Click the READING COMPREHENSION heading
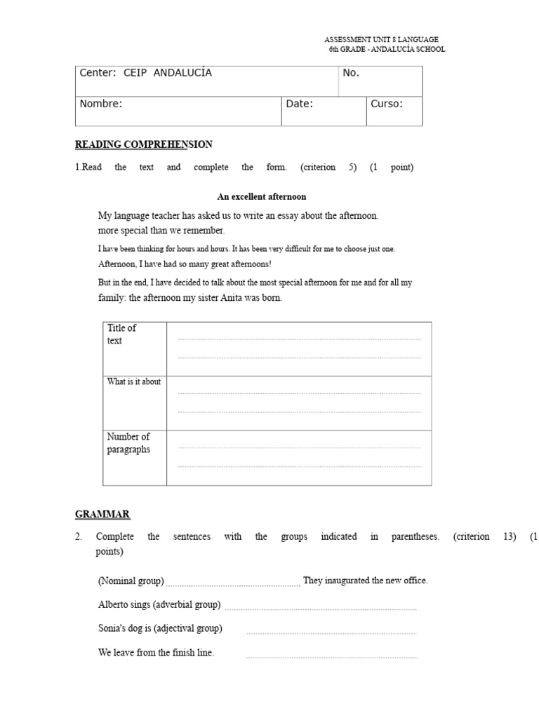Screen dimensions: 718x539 (x=143, y=144)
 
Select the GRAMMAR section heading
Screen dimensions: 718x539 (x=102, y=514)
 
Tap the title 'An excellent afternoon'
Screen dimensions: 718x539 (x=261, y=197)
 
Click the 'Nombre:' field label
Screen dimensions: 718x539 (x=101, y=104)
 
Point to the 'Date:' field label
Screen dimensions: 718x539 (x=299, y=104)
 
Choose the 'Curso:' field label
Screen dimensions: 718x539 (x=386, y=104)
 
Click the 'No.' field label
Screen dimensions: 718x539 (x=351, y=73)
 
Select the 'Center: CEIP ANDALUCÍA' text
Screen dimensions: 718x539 (x=145, y=73)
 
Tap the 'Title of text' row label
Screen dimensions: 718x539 (x=121, y=334)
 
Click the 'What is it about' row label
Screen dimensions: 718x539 (x=133, y=382)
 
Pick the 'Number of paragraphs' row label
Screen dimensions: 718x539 (x=128, y=443)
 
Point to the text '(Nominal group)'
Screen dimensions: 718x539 (x=131, y=581)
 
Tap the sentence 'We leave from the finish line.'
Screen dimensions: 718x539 (x=156, y=653)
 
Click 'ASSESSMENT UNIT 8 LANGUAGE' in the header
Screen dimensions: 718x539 (x=381, y=40)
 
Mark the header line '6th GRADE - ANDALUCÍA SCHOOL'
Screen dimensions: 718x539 (x=387, y=50)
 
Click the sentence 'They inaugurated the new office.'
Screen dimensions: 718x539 (x=365, y=581)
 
